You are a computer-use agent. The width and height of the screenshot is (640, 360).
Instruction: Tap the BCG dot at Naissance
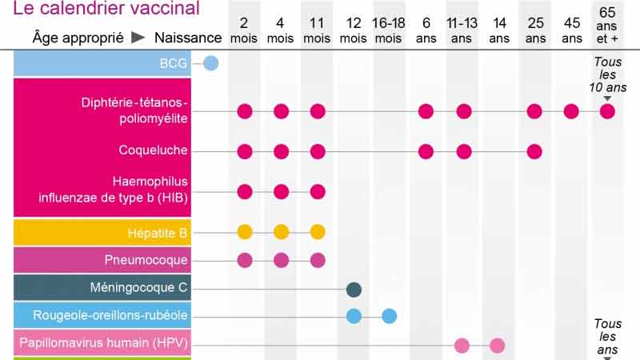[x=211, y=63]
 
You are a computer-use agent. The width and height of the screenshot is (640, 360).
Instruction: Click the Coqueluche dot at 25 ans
[x=534, y=151]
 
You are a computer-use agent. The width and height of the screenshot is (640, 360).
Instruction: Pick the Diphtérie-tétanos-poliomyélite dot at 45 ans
[x=571, y=111]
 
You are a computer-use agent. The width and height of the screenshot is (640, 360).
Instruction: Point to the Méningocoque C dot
[x=354, y=290]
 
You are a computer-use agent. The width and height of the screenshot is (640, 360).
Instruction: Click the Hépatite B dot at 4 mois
[x=281, y=232]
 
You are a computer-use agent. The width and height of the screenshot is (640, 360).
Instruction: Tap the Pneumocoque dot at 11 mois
[x=318, y=260]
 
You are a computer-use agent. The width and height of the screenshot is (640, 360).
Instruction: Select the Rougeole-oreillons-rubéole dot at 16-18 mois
[x=389, y=315]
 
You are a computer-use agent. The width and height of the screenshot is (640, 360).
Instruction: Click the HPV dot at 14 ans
[x=498, y=346]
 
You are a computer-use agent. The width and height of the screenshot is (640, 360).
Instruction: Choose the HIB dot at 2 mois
[x=245, y=191]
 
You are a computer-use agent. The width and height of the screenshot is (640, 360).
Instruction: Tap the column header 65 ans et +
[x=608, y=25]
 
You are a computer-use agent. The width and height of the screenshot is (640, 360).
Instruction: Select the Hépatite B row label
[x=157, y=233]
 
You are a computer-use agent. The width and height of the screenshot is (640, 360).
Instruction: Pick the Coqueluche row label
[x=153, y=150]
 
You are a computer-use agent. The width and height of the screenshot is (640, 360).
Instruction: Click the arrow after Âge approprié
[x=138, y=38]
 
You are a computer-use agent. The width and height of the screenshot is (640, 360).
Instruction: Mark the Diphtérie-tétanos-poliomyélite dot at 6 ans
[x=426, y=111]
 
